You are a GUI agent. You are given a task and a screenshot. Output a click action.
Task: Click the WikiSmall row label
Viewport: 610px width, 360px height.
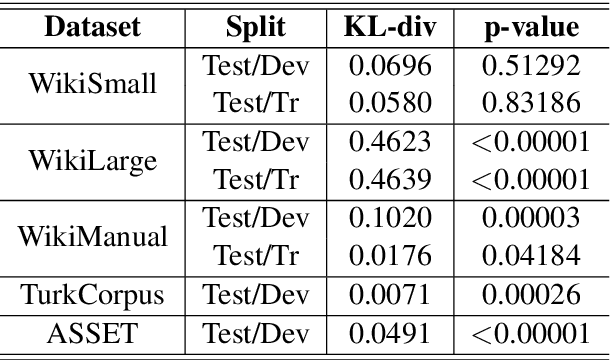click(91, 83)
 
